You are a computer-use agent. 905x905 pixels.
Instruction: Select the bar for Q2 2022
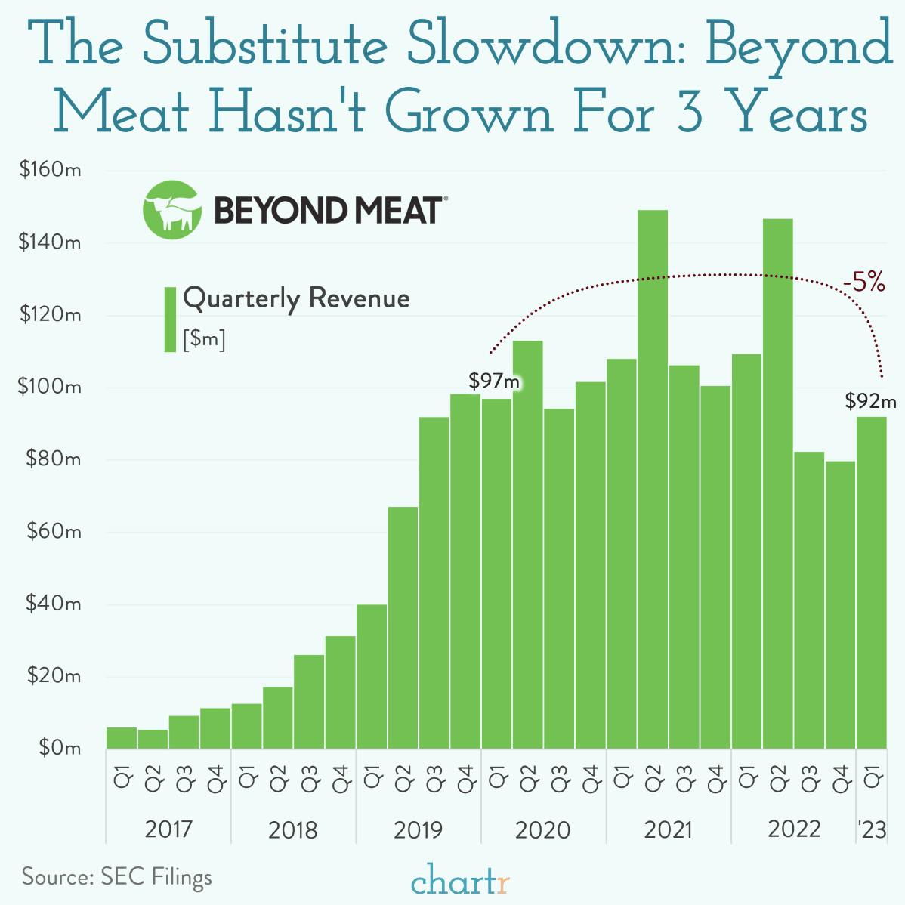[778, 483]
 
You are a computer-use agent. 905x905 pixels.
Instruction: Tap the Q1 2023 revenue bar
[871, 582]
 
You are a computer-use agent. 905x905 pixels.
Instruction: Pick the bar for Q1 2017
[122, 738]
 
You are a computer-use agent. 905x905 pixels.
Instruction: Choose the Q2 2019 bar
[403, 627]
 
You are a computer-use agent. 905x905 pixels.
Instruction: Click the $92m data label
[870, 401]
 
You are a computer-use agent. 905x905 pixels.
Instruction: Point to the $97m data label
[494, 380]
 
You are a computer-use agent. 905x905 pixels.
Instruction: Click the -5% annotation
[863, 284]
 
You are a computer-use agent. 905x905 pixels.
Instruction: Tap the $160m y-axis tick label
[51, 171]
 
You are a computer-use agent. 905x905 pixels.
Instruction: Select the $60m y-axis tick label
[53, 532]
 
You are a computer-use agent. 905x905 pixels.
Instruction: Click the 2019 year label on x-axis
[418, 830]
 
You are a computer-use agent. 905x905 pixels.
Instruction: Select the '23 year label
[872, 830]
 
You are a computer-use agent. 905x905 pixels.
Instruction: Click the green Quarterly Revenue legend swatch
[170, 319]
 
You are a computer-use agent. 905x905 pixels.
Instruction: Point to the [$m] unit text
[204, 340]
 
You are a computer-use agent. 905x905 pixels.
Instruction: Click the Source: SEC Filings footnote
[117, 877]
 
